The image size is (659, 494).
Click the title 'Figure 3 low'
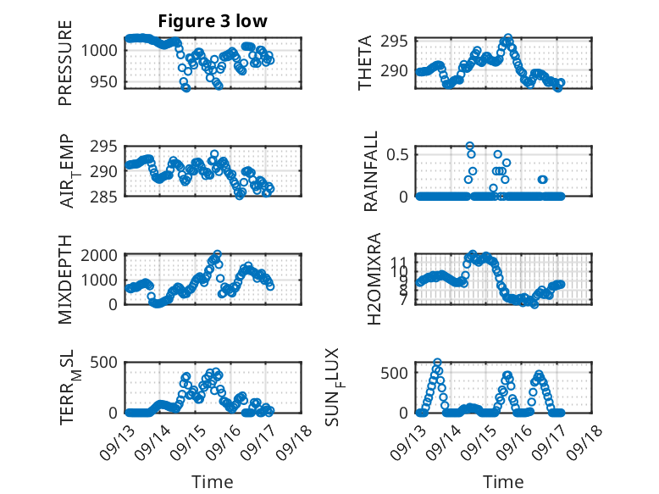213,21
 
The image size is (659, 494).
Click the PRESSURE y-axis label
65,62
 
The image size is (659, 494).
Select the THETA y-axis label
365,62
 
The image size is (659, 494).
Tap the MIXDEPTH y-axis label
65,280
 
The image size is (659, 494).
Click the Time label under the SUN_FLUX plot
503,482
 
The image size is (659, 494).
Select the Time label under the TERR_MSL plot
212,482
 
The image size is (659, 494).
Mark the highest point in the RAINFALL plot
470,146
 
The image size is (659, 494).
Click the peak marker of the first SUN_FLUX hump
437,363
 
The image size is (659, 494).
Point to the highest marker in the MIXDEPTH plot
218,254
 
